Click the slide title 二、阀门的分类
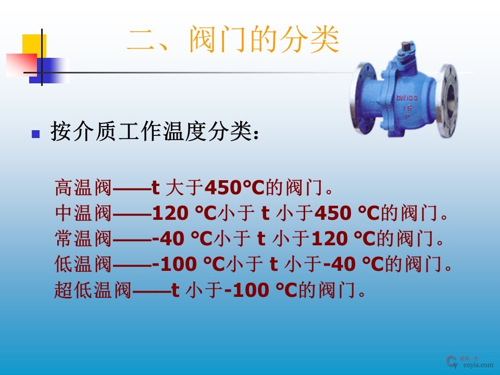(x=233, y=41)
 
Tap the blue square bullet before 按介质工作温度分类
(x=36, y=134)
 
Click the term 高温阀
(x=83, y=186)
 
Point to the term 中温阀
(x=83, y=213)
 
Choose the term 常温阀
(x=83, y=239)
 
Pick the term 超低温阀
(x=93, y=290)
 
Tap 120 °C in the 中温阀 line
(x=183, y=213)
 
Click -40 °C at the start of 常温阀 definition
(x=183, y=239)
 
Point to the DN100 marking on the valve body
(x=407, y=98)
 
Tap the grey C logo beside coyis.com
(x=452, y=361)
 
